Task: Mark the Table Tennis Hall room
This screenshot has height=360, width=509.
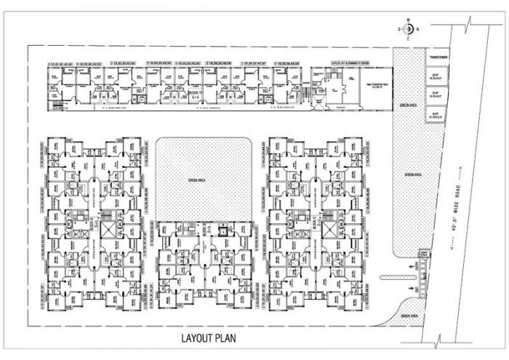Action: click(372, 86)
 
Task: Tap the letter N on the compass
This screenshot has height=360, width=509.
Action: click(417, 28)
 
